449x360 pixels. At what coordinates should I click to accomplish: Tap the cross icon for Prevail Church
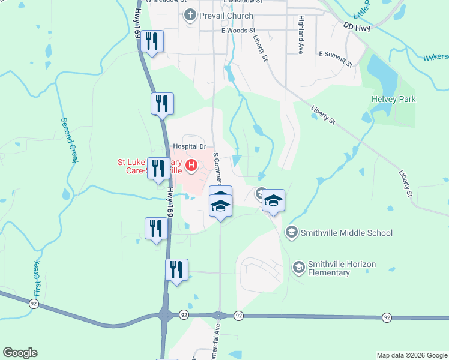pyautogui.click(x=190, y=15)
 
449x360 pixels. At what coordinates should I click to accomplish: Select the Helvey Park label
pyautogui.click(x=394, y=99)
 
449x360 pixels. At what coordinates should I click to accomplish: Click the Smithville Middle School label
pyautogui.click(x=346, y=233)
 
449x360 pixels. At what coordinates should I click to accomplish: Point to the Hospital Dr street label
pyautogui.click(x=189, y=146)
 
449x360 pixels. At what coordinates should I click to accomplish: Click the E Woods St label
pyautogui.click(x=238, y=29)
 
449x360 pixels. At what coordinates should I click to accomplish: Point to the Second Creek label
pyautogui.click(x=70, y=140)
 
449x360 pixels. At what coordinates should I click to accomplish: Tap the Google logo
pyautogui.click(x=20, y=353)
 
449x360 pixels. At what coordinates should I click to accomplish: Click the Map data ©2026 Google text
pyautogui.click(x=411, y=355)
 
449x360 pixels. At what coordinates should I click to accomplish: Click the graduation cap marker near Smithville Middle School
pyautogui.click(x=273, y=201)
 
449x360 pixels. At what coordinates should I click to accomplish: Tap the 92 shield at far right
pyautogui.click(x=386, y=317)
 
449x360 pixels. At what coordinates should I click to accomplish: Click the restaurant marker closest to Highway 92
pyautogui.click(x=177, y=270)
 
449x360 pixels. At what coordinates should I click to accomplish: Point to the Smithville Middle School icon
pyautogui.click(x=291, y=232)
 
